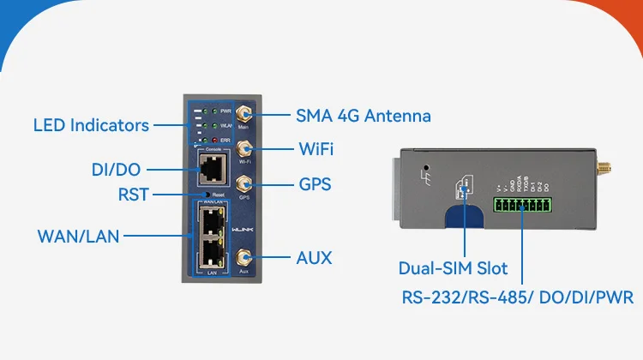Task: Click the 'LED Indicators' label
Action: [91, 125]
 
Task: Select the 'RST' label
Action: [133, 195]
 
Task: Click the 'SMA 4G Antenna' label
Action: [363, 115]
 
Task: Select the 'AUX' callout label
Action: [314, 257]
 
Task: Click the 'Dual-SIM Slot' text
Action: [453, 268]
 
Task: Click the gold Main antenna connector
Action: [243, 113]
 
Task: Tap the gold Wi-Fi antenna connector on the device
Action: [243, 148]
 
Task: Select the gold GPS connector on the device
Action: [243, 183]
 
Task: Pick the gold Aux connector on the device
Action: [243, 256]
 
